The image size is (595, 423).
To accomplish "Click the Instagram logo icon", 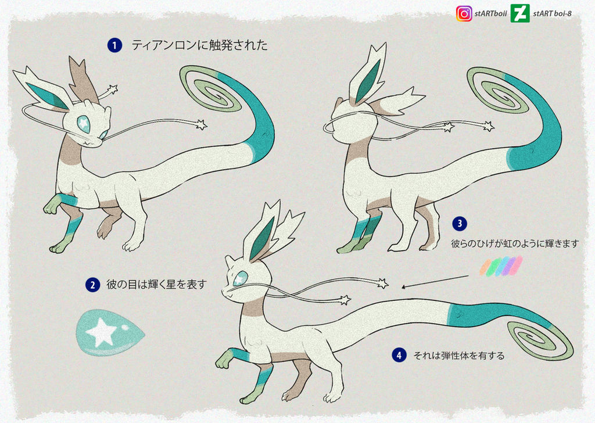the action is (x=464, y=14).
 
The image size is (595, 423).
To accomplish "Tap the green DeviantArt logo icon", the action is (x=520, y=13).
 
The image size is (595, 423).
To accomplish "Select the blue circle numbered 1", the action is (x=114, y=45).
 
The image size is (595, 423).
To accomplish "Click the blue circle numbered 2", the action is (x=92, y=285).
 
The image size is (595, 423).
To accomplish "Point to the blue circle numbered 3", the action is (x=460, y=224).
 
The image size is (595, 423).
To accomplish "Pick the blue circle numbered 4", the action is (x=399, y=356).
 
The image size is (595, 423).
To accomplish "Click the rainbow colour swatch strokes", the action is (x=501, y=266).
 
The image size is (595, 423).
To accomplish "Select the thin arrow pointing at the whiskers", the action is (x=435, y=282).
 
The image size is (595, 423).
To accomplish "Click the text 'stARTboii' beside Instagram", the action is (x=490, y=14).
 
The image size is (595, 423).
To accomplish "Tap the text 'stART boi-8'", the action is (x=552, y=14).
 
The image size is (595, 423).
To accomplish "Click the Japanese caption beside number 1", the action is (x=200, y=45).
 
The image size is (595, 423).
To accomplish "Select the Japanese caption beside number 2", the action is (x=156, y=284).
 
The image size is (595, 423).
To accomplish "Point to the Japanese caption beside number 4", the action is (x=459, y=356).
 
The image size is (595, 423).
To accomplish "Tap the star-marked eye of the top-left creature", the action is (x=84, y=124).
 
